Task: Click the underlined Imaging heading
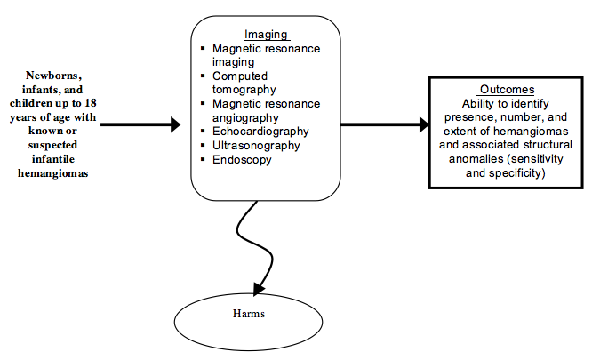pos(266,35)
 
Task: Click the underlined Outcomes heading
pos(506,90)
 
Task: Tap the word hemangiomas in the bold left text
pos(59,173)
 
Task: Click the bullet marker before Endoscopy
pos(204,161)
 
